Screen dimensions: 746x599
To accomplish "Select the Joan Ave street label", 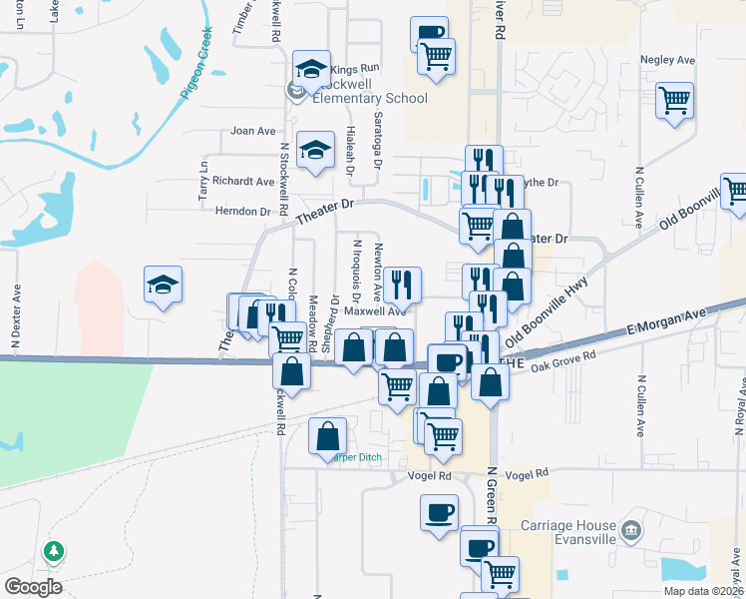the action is coord(252,131).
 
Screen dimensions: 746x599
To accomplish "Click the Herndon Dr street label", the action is coord(243,212).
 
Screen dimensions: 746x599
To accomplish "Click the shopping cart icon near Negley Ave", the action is coord(675,100).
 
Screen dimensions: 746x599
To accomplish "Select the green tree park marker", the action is coord(53,551).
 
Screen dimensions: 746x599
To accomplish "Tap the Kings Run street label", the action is coord(356,69).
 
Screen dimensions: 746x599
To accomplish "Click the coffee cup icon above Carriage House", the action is coord(438,512).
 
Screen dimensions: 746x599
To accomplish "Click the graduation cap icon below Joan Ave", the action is coord(315,152).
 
